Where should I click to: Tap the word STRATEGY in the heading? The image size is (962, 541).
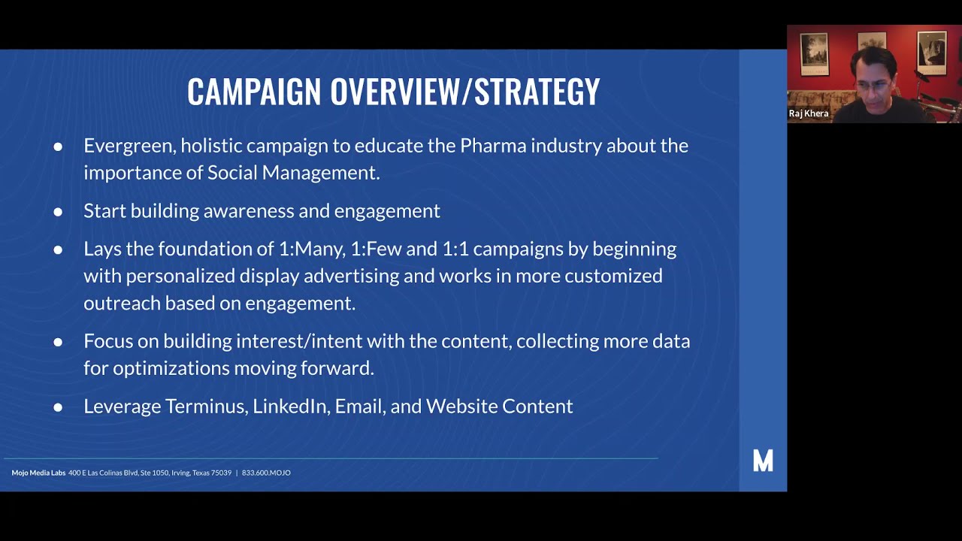coord(537,92)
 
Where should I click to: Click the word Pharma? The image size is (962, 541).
coord(492,145)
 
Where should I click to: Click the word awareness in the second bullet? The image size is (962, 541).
coord(248,210)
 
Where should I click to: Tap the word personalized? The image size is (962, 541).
coord(180,276)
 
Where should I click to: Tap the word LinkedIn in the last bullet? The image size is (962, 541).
coord(290,407)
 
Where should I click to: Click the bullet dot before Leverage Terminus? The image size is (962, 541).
coord(58,407)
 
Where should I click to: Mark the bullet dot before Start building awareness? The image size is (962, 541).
coord(58,212)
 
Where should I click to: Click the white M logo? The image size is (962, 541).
coord(763,461)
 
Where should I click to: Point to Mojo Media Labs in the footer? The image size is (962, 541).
coord(38,473)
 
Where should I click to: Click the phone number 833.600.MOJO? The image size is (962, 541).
coord(266,473)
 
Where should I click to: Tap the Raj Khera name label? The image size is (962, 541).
coord(809,113)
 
